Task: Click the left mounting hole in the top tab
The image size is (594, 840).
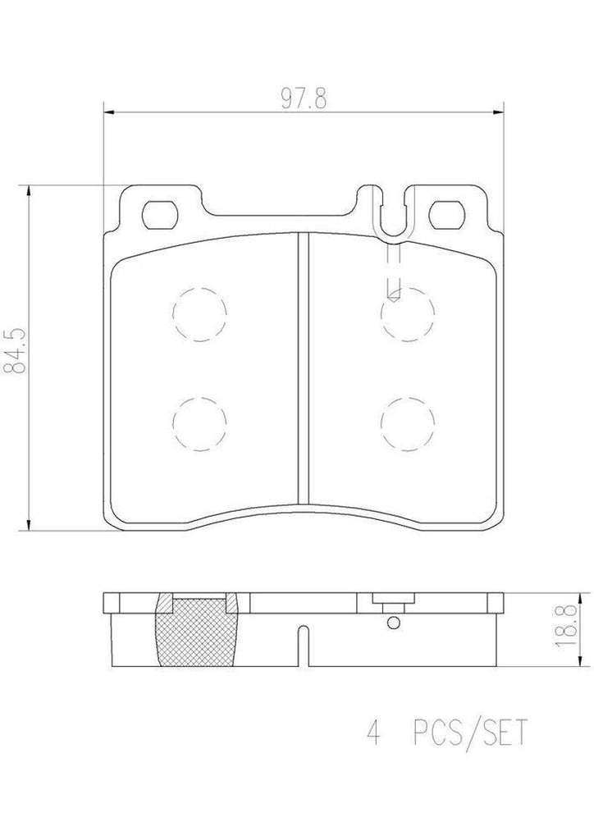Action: (x=160, y=215)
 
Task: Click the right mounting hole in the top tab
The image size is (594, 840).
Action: (x=448, y=215)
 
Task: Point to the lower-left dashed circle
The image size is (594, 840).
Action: (x=199, y=423)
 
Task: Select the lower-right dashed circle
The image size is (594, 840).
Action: (x=407, y=423)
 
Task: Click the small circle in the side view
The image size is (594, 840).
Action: (x=393, y=623)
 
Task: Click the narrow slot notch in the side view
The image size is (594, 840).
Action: (x=303, y=644)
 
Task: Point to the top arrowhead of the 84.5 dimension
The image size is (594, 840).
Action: (x=30, y=191)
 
